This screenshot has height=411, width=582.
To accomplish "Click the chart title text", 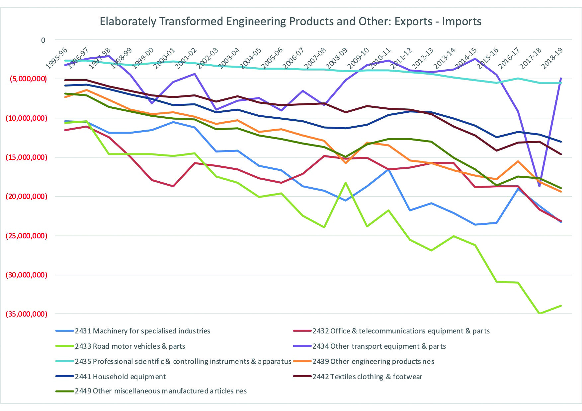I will (291, 22).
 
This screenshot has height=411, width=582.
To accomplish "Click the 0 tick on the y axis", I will (43, 40).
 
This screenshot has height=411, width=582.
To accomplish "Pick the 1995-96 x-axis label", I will (56, 58).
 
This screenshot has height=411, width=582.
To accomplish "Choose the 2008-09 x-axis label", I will (337, 58).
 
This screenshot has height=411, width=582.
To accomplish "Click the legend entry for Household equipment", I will (120, 377).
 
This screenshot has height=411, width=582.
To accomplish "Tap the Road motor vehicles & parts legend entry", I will (130, 346).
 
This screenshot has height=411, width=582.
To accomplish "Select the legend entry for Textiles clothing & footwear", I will (367, 377).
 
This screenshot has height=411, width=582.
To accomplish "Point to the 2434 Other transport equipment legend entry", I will (379, 346).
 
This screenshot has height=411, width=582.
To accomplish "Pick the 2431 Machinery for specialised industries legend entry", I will (142, 331).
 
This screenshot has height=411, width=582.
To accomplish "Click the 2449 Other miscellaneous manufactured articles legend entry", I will (161, 391).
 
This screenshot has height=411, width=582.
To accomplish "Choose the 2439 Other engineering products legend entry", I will (373, 362).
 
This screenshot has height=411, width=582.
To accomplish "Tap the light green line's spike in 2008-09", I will (346, 182).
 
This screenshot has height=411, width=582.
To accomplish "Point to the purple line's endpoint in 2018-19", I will (561, 79).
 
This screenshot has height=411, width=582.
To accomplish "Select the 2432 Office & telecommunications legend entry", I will (401, 331).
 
